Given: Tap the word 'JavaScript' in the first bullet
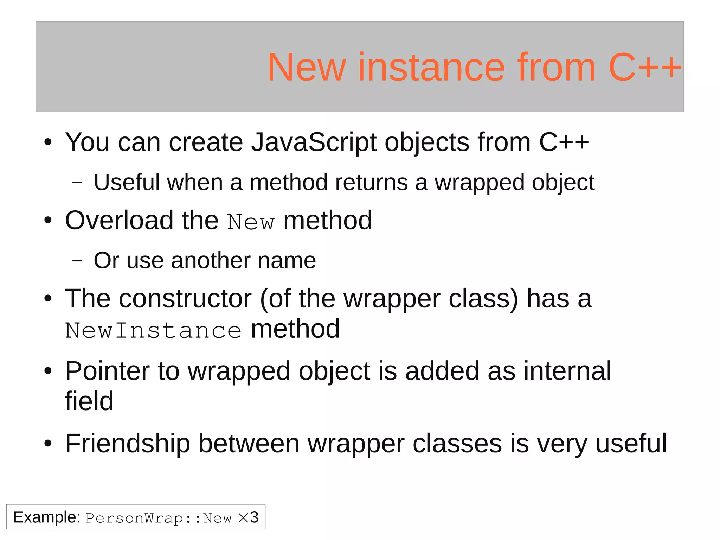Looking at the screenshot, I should click(314, 142).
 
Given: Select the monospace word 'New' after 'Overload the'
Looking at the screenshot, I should click(250, 222).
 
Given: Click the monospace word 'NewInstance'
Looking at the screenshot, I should click(153, 331).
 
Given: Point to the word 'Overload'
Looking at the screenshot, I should click(119, 221).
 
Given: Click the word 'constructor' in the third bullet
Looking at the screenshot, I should click(185, 299).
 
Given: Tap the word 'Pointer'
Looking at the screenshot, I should click(107, 371).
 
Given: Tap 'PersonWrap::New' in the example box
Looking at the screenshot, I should click(159, 518).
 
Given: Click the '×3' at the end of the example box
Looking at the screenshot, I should click(248, 517).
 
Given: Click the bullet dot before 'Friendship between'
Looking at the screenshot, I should click(48, 444).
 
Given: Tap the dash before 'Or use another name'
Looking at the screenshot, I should click(76, 261).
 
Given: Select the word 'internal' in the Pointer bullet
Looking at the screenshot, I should click(567, 371).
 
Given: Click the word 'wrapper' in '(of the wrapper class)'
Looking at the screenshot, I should click(392, 299).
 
